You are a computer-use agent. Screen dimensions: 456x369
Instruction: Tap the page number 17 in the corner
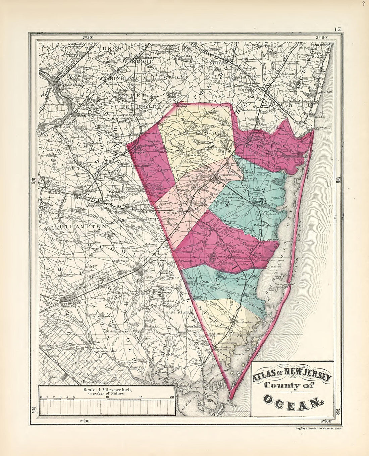(337, 29)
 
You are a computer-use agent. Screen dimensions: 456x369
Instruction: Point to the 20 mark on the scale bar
(172, 397)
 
